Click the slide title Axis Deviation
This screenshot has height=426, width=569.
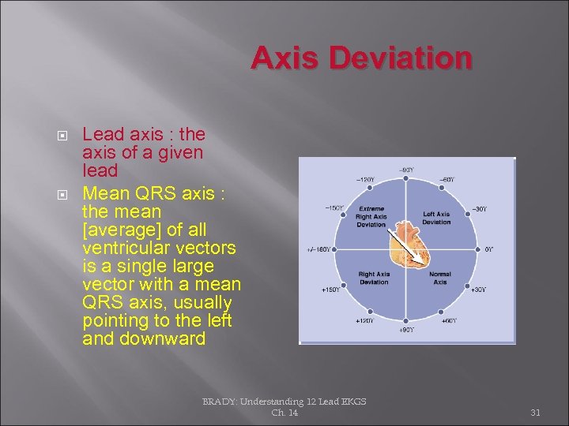[x=362, y=59]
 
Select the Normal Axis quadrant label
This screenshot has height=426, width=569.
[x=440, y=278]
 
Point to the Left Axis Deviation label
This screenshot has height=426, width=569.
[x=436, y=218]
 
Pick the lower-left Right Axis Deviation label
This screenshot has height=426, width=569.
[x=374, y=278]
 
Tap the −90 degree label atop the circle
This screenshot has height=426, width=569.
[x=405, y=170]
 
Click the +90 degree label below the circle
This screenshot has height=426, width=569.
[x=405, y=329]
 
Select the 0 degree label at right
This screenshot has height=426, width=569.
[x=490, y=249]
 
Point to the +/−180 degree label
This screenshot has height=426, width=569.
[x=318, y=250]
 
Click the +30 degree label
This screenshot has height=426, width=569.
[x=478, y=290]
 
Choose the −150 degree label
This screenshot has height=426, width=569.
[x=334, y=208]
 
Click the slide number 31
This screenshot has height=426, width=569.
[x=535, y=412]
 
